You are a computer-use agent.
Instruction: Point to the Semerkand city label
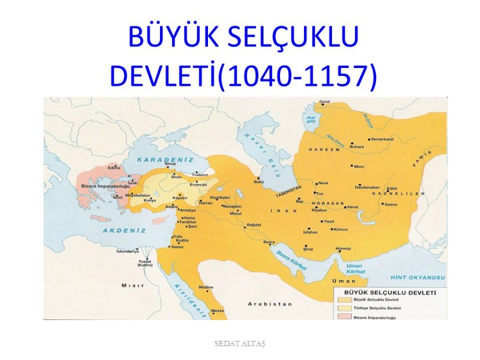382,139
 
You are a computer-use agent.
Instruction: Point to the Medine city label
206,286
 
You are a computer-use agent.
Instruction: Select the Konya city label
150,201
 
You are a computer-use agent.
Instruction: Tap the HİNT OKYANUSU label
418,277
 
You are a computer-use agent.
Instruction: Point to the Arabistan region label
268,305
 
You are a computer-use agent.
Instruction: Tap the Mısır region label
128,285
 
